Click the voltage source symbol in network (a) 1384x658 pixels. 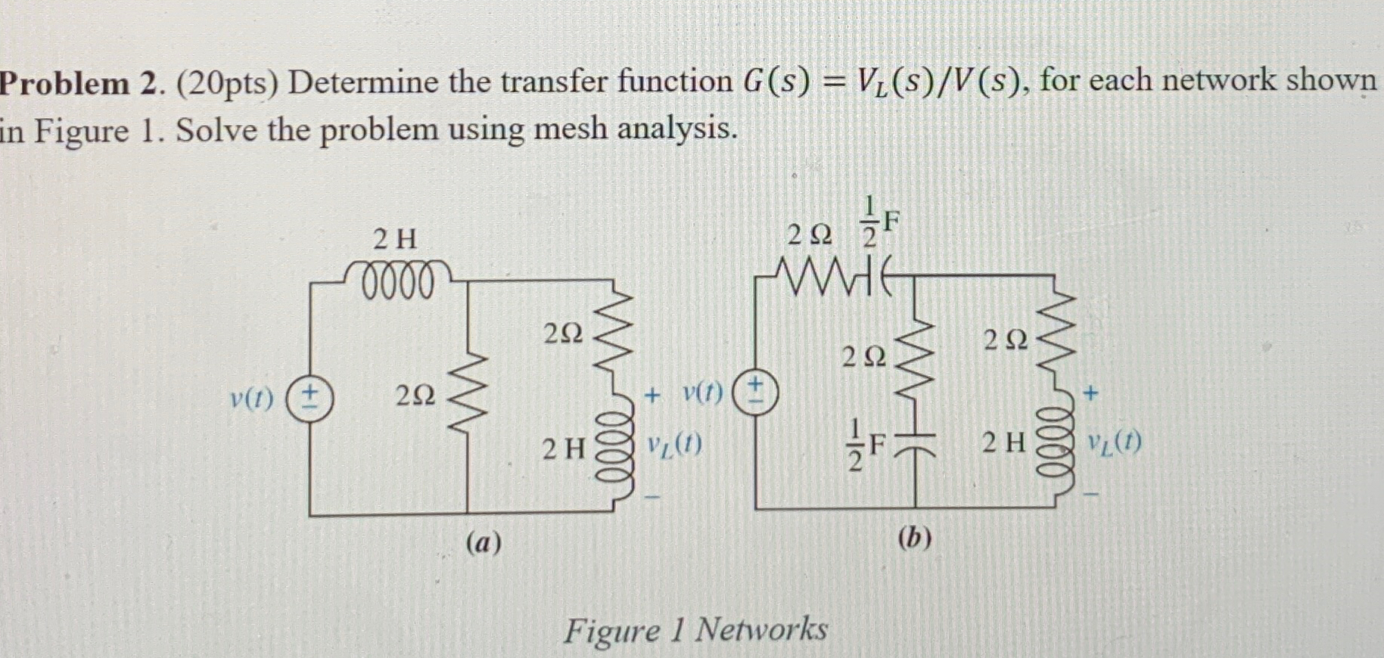[310, 396]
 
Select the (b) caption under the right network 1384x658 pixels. [915, 538]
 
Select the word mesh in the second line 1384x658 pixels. [568, 129]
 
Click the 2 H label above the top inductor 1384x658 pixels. [395, 240]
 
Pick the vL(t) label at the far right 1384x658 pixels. [1115, 442]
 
